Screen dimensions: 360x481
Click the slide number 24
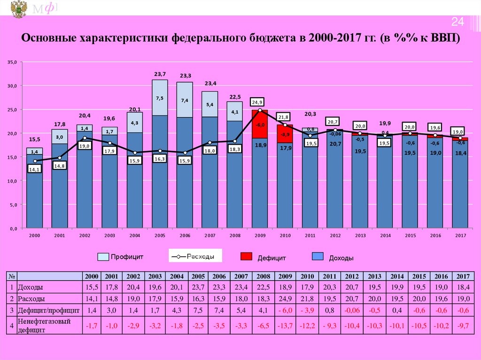pos(458,22)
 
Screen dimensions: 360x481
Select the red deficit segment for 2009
pos(260,124)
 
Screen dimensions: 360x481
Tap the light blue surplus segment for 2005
pos(160,98)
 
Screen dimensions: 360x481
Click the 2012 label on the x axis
pos(335,235)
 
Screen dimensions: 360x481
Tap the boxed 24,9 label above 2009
pos(258,102)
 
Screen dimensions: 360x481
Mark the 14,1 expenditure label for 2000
pos(35,170)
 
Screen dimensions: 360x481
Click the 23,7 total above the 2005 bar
pos(160,74)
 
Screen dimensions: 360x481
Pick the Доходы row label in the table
pos(31,287)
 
